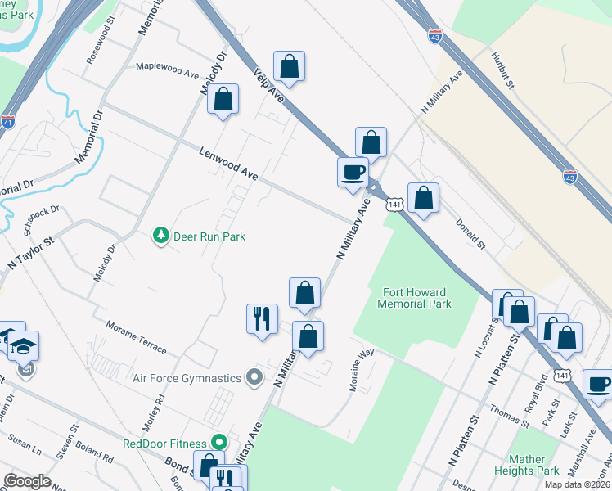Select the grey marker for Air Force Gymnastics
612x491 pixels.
pos(254,378)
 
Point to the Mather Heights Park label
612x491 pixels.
pos(533,465)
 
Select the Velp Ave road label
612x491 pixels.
pos(268,86)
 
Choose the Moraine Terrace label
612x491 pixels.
pos(136,338)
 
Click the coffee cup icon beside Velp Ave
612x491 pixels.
pos(353,172)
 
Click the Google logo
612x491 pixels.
pos(27,480)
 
